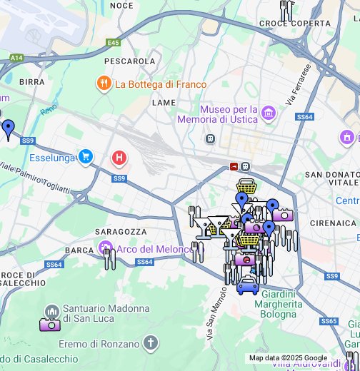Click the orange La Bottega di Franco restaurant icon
point(104,84)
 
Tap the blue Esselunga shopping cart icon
point(86,156)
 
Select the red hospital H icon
point(119,157)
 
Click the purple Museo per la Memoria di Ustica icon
point(269,113)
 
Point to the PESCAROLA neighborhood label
point(129,61)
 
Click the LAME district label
point(164,103)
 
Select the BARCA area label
point(79,250)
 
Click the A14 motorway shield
point(16,58)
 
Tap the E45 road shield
point(113,43)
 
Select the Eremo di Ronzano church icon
point(150,343)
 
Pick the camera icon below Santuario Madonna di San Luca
point(50,325)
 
